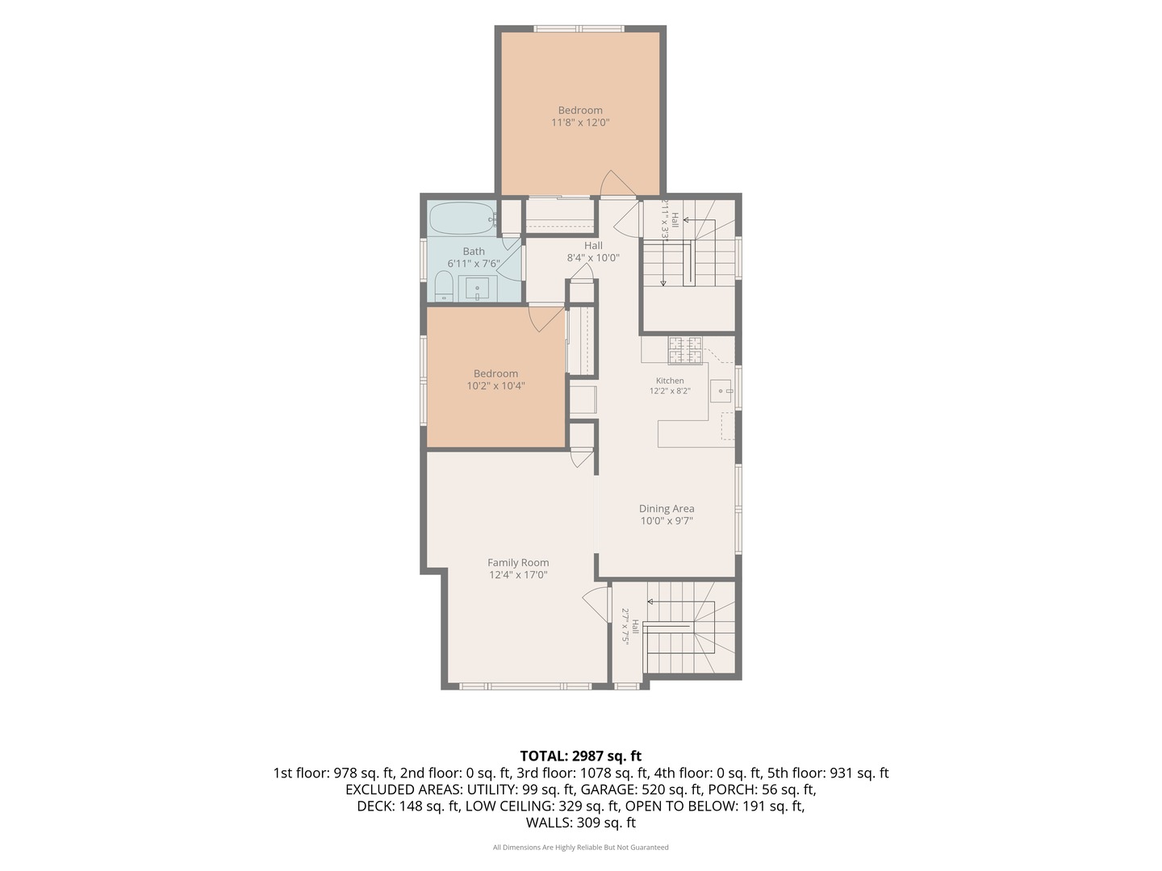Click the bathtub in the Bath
[x=462, y=218]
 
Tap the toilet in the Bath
[x=442, y=286]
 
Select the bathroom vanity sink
[x=478, y=288]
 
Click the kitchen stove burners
[x=685, y=350]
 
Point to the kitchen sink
[x=721, y=391]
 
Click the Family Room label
[x=518, y=563]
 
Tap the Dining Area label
[x=667, y=508]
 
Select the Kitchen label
[x=670, y=381]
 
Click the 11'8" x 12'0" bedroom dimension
[x=580, y=123]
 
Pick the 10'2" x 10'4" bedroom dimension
[x=495, y=386]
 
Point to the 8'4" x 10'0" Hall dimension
[x=593, y=258]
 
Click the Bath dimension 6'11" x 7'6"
[x=473, y=264]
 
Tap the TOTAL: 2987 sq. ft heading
[x=581, y=756]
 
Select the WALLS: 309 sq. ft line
[x=581, y=823]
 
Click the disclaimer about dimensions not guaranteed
[x=581, y=847]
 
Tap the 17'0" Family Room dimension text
[x=536, y=575]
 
